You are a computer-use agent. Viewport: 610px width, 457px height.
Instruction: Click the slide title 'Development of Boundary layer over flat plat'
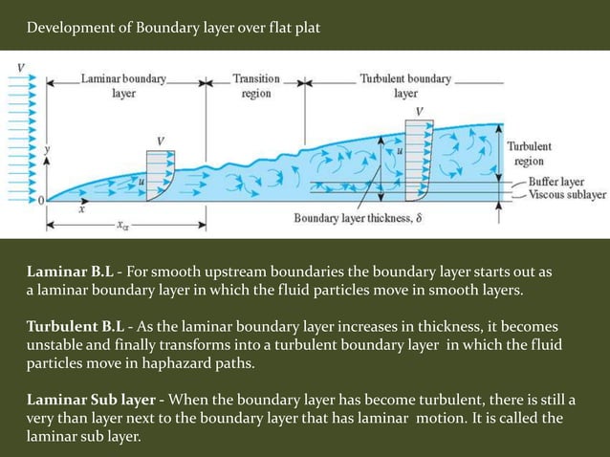pyautogui.click(x=173, y=25)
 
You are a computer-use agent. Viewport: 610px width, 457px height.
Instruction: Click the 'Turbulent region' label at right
pyautogui.click(x=528, y=154)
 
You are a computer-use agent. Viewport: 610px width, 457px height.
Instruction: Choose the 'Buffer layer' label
pyautogui.click(x=558, y=181)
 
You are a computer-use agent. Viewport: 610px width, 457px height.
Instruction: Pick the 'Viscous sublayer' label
pyautogui.click(x=565, y=193)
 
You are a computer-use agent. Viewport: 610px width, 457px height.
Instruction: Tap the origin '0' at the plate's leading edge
pyautogui.click(x=40, y=200)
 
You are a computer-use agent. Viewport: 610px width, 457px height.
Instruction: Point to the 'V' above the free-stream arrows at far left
pyautogui.click(x=21, y=66)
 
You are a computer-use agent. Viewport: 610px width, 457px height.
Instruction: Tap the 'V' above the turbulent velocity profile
pyautogui.click(x=418, y=111)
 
